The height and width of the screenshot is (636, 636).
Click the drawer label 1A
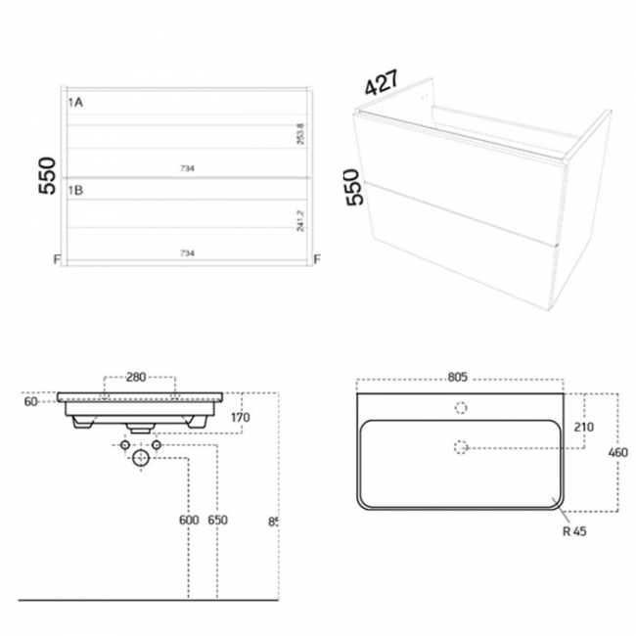[x=75, y=101]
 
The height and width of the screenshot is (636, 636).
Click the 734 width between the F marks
[x=187, y=253]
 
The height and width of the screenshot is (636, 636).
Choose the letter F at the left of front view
[x=58, y=259]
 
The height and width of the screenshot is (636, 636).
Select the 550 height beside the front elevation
[x=46, y=177]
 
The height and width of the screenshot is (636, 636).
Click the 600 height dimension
[x=189, y=522]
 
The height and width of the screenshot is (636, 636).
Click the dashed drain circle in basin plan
[x=462, y=447]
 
